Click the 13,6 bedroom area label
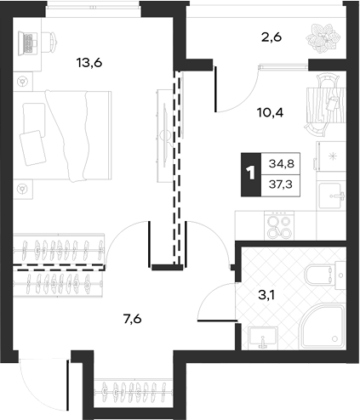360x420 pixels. click(x=89, y=63)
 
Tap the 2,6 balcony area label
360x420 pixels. click(x=271, y=37)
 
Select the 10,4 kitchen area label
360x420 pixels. click(x=271, y=113)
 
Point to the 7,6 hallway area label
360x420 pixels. click(x=132, y=320)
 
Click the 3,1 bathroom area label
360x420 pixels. click(x=266, y=296)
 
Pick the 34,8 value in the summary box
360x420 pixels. click(x=282, y=164)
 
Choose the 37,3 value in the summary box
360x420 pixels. click(x=281, y=185)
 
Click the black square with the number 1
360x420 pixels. click(x=251, y=174)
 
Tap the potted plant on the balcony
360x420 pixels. click(x=323, y=38)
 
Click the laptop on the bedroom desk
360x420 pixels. click(x=28, y=43)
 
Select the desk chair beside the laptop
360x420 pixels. click(x=50, y=42)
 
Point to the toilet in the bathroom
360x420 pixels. click(x=325, y=275)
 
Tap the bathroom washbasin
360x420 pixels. click(x=263, y=338)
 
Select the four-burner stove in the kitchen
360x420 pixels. click(x=279, y=226)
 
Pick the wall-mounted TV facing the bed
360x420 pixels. click(x=165, y=135)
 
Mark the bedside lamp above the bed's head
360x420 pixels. click(x=23, y=82)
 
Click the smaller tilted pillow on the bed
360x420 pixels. click(x=32, y=148)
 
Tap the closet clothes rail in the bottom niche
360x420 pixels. click(x=134, y=393)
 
